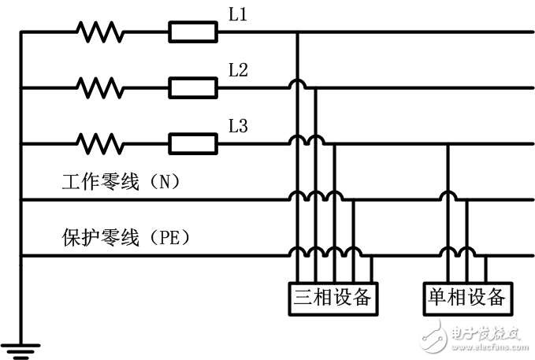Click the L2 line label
239,70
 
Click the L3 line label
239,125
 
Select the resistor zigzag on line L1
100,32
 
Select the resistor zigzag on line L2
100,87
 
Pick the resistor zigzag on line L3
100,143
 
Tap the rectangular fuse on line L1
193,32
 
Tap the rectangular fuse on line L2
193,87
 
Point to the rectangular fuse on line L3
193,143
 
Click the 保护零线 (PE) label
126,236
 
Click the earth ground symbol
20,346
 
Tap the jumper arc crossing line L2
297,84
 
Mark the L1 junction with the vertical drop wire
297,32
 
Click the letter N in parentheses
165,183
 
